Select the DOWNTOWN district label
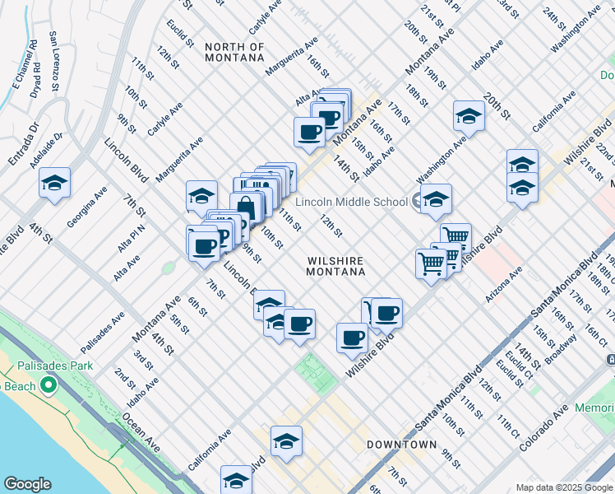click(x=401, y=445)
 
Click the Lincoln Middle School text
click(x=351, y=202)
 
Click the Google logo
click(x=27, y=484)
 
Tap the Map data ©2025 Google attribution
click(x=563, y=487)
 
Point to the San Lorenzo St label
click(x=53, y=61)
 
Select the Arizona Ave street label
click(x=504, y=284)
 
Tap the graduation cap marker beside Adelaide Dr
click(x=54, y=183)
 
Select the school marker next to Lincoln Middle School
click(x=436, y=198)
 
